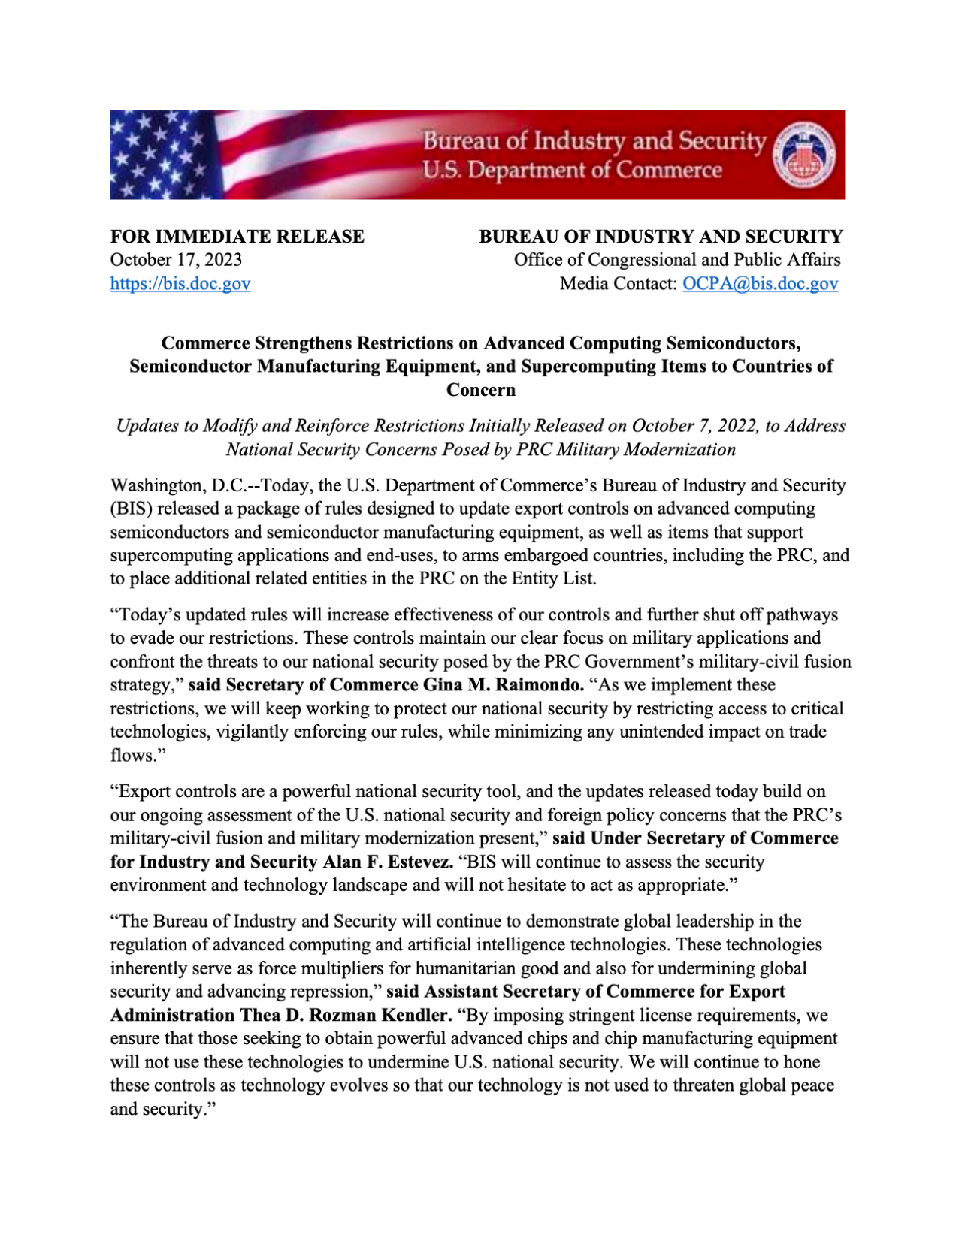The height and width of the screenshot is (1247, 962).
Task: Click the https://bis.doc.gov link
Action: coord(180,284)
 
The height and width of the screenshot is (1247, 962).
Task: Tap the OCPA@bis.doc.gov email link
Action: coord(760,284)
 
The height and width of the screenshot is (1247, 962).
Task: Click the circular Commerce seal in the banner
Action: coord(805,155)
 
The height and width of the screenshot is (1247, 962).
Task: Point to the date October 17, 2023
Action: coord(176,260)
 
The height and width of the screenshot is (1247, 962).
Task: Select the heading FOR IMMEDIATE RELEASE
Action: coord(237,237)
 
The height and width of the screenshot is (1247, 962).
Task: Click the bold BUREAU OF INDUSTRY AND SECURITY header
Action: coord(661,237)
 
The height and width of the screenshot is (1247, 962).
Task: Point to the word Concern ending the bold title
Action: coord(481,390)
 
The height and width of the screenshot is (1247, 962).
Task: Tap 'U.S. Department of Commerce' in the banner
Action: coord(571,171)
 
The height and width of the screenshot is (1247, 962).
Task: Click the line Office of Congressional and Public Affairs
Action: coord(676,260)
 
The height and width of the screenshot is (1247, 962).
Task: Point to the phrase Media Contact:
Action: coord(618,284)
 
